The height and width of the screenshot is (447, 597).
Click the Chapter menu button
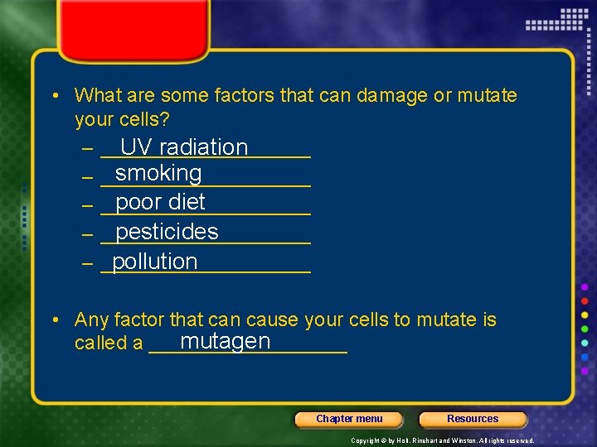(349, 419)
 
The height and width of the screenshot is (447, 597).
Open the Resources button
(473, 419)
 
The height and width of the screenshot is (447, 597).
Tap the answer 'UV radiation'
(184, 147)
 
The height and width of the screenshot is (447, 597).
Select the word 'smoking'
(158, 174)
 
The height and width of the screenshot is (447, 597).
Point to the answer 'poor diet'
(160, 203)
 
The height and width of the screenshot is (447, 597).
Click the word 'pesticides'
(167, 232)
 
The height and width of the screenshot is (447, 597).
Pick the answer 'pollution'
(154, 262)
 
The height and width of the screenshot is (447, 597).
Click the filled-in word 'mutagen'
(225, 341)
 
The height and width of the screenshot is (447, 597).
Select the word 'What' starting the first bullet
(95, 96)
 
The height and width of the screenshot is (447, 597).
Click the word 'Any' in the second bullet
(90, 320)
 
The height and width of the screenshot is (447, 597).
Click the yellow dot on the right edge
(585, 315)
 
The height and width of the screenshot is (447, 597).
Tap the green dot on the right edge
(585, 329)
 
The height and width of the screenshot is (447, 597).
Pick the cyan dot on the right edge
(585, 343)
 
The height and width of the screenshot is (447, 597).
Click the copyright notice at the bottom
(442, 440)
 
